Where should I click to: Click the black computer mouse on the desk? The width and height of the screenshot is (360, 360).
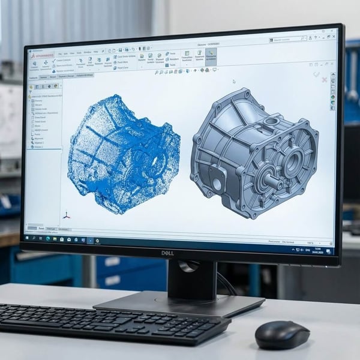(283, 334)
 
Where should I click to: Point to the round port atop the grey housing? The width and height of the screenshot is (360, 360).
(271, 122)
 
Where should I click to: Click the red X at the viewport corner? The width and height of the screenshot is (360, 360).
(324, 79)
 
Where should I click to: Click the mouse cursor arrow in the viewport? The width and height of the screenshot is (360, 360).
(234, 82)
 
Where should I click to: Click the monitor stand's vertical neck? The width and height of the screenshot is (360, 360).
(191, 279)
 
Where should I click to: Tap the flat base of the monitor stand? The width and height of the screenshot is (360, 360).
(180, 303)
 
